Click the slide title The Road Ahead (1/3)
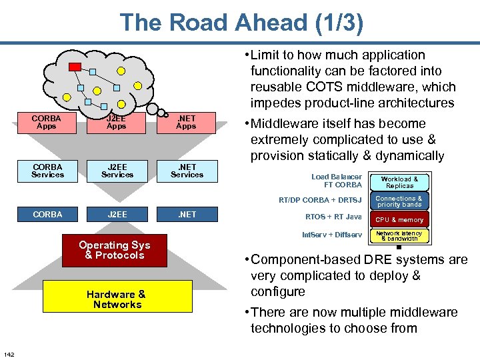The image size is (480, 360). point(241,23)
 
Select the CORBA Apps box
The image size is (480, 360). point(47,123)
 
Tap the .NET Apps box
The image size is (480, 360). point(186,123)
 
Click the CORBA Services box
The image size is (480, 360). point(47,171)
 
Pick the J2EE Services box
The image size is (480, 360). point(117,171)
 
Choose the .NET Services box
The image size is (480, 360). point(187,171)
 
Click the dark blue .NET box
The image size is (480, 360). point(187,215)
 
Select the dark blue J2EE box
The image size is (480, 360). point(117,215)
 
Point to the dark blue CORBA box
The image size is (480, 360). point(47,215)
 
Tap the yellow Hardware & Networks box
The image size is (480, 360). point(117,299)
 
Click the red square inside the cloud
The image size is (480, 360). point(75,66)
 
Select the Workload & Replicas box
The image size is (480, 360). point(400,182)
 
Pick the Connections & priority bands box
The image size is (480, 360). point(400,201)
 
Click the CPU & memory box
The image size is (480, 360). point(400,219)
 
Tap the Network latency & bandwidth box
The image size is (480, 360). point(400,236)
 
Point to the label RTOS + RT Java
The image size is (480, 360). point(333,217)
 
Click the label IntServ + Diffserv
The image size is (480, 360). point(332,235)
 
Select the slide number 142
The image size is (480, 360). point(9,353)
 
